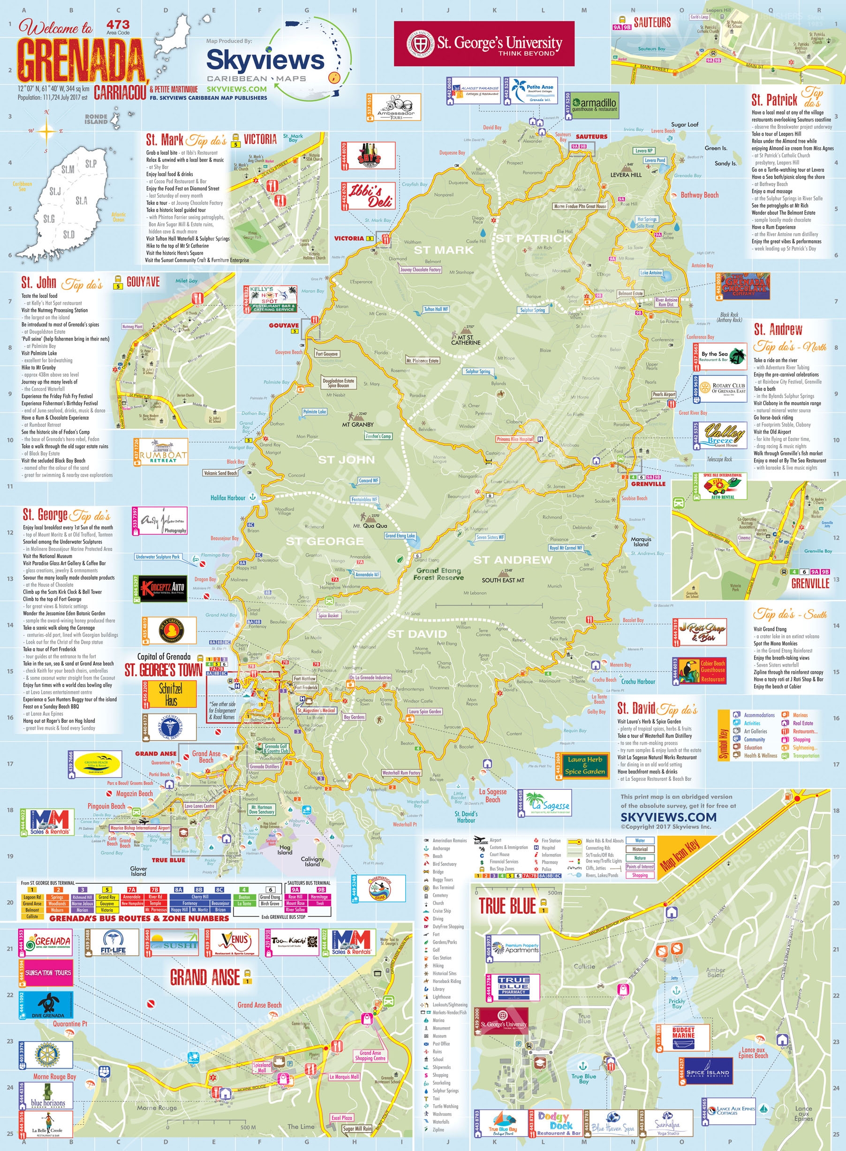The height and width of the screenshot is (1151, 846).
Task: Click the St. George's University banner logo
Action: point(484,44)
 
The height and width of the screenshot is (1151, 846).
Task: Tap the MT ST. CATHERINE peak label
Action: point(466,340)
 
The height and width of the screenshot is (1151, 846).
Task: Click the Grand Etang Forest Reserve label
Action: point(438,574)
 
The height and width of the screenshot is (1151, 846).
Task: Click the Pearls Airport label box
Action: point(664,394)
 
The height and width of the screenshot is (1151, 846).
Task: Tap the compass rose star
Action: point(46,132)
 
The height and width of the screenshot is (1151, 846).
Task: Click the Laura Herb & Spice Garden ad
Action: point(585,765)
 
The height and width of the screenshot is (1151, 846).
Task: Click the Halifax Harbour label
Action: point(228,497)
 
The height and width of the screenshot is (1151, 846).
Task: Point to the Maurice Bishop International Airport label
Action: point(140,828)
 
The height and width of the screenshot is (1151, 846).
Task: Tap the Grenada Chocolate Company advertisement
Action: point(746,286)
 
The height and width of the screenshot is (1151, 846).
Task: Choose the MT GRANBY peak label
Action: point(358,424)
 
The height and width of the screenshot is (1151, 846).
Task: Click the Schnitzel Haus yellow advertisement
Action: point(171,694)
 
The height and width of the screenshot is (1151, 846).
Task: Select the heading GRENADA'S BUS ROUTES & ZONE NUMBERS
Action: point(139,918)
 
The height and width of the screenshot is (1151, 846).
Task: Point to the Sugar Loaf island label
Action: point(685,124)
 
